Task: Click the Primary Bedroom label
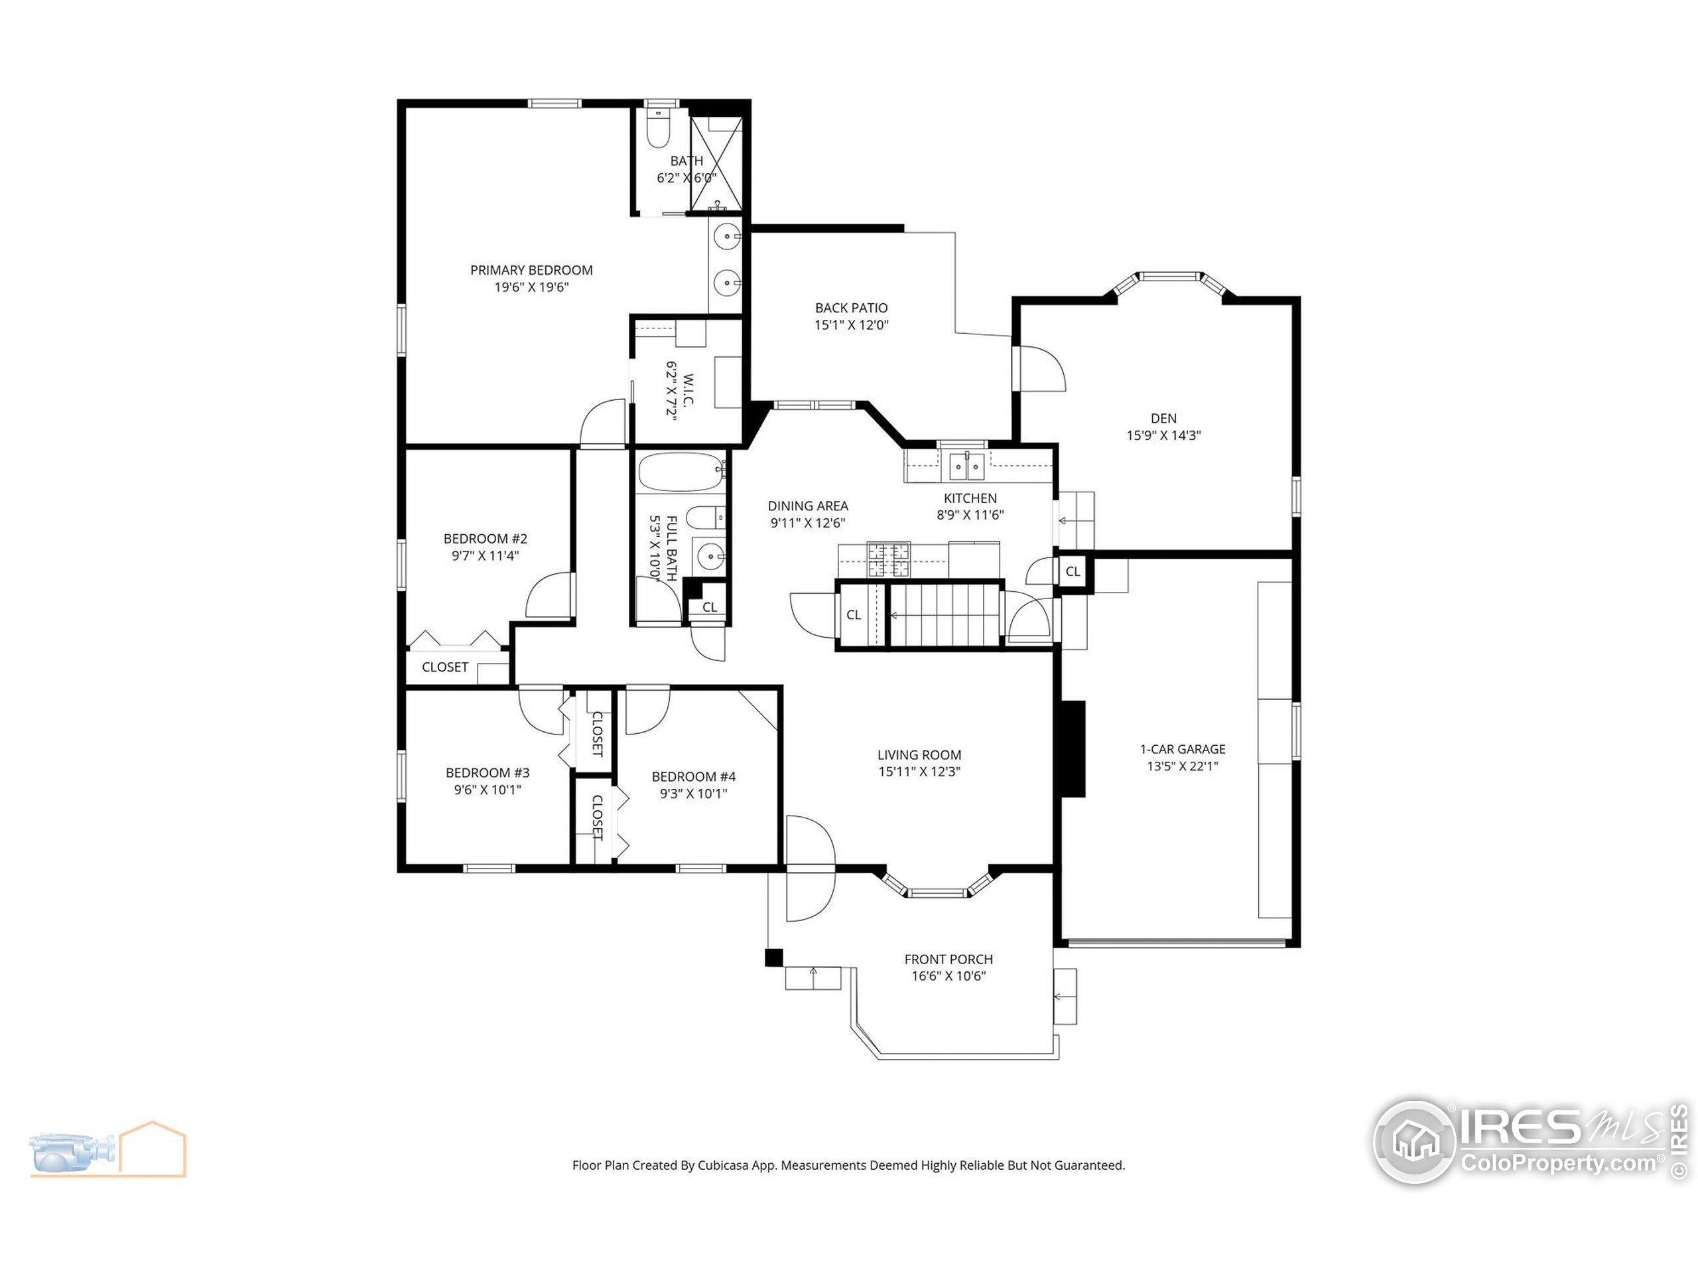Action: (x=531, y=270)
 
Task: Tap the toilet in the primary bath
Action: (x=658, y=129)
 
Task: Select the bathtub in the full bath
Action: (x=680, y=472)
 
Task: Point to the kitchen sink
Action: (x=966, y=464)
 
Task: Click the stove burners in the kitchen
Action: (x=888, y=560)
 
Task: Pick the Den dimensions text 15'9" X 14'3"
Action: (x=1163, y=435)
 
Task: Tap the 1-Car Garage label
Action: (x=1182, y=748)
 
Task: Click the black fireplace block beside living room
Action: (x=1073, y=748)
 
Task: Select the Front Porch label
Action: (x=948, y=959)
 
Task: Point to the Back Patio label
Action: (x=851, y=308)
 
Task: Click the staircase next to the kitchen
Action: (x=945, y=615)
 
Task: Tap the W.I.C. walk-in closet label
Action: (x=687, y=391)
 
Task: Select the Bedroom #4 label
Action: (x=693, y=776)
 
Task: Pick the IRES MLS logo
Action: (x=1528, y=1141)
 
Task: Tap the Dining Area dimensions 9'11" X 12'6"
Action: (x=808, y=523)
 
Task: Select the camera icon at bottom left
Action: (x=73, y=1151)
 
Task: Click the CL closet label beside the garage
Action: (x=1073, y=571)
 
